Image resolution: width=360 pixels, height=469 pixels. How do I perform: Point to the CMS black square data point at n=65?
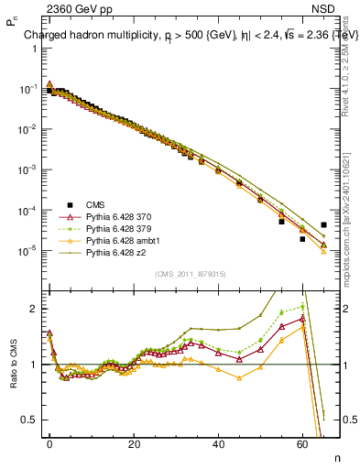pyautogui.click(x=323, y=224)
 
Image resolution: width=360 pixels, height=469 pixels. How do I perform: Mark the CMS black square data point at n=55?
pyautogui.click(x=281, y=222)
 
